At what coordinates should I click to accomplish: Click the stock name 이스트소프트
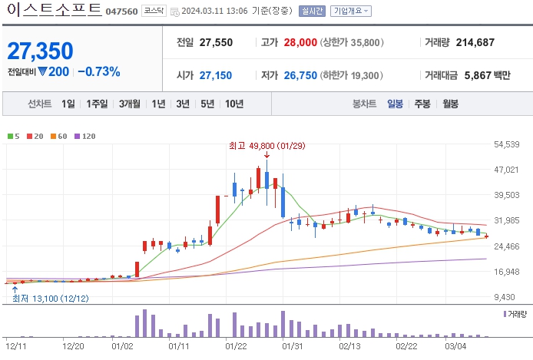[x=53, y=10]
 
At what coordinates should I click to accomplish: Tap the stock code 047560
[x=121, y=12]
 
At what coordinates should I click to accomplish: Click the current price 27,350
[x=41, y=51]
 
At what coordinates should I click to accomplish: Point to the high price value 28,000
[x=300, y=42]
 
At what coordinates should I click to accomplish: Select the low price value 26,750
[x=300, y=75]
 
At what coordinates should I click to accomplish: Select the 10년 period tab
[x=234, y=104]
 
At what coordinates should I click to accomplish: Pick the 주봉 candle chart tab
[x=422, y=104]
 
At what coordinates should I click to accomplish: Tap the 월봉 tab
[x=449, y=104]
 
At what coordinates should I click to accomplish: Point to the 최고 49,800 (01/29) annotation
[x=266, y=145]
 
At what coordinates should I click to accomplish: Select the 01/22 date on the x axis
[x=235, y=346]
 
